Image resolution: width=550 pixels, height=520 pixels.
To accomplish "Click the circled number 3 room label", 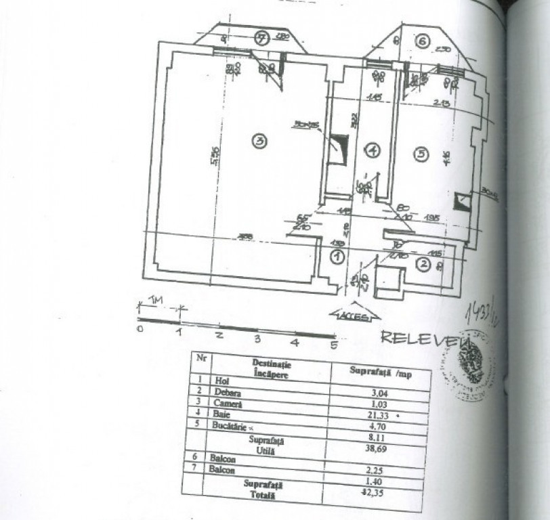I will pyautogui.click(x=259, y=141).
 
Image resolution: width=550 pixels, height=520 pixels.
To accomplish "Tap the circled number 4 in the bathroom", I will pyautogui.click(x=372, y=150).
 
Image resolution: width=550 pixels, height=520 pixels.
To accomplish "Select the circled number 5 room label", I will pyautogui.click(x=421, y=154).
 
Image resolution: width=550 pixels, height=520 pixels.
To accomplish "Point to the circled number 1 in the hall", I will pyautogui.click(x=337, y=256).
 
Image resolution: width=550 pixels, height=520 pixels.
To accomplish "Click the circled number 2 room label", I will pyautogui.click(x=423, y=265).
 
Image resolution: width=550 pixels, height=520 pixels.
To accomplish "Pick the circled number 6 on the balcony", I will pyautogui.click(x=423, y=42).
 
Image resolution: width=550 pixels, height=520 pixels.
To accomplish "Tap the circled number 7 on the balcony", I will pyautogui.click(x=262, y=38).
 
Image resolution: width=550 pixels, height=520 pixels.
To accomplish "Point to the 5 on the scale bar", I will pyautogui.click(x=334, y=345).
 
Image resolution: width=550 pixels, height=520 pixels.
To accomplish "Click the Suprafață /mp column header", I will pyautogui.click(x=381, y=371).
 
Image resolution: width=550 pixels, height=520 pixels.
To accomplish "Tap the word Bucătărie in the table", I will pyautogui.click(x=232, y=426).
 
